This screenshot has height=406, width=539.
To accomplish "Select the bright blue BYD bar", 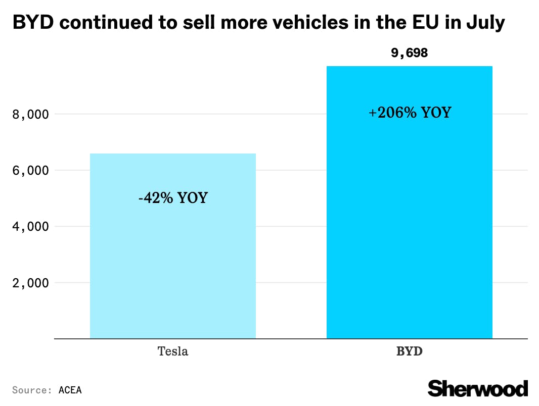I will click(x=409, y=227).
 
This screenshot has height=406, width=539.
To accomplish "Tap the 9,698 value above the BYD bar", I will click(x=409, y=53).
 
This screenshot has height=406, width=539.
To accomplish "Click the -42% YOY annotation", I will click(x=173, y=197).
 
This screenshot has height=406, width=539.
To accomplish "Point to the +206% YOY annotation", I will click(x=410, y=112).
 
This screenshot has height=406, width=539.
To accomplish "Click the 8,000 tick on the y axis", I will click(x=30, y=115).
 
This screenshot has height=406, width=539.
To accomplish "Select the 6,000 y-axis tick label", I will click(x=30, y=171).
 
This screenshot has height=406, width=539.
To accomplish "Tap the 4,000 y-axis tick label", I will click(x=30, y=227).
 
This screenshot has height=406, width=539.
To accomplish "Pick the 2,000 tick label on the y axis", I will click(x=30, y=283).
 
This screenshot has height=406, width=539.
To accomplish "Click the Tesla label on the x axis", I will click(x=173, y=351).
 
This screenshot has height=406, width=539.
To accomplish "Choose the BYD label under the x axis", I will click(x=409, y=351).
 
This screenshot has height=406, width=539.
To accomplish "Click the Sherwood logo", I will click(x=478, y=388).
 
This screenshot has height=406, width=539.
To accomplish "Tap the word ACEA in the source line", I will click(x=70, y=390).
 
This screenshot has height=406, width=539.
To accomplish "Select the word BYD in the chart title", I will click(x=29, y=22).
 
